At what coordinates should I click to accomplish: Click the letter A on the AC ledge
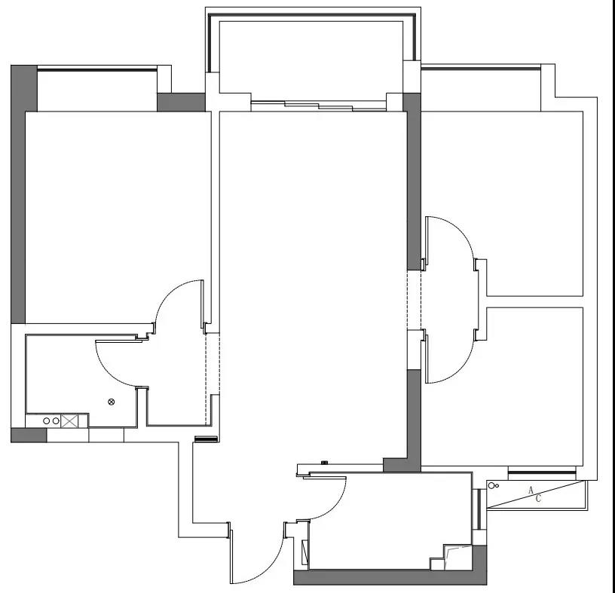click(531, 491)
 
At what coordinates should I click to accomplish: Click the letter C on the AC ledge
click(538, 499)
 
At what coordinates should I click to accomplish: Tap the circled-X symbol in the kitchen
click(112, 402)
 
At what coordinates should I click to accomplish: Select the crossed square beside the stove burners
click(69, 420)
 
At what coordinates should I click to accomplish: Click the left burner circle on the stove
click(46, 420)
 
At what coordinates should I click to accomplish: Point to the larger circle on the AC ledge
click(491, 486)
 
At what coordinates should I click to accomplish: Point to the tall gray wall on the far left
click(18, 194)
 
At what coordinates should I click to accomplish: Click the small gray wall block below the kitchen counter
click(29, 435)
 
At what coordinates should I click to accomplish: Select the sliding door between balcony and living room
click(319, 106)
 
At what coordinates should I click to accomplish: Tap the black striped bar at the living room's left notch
click(207, 439)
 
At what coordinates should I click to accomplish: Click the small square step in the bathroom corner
click(437, 564)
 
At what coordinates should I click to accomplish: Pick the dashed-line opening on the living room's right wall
click(414, 300)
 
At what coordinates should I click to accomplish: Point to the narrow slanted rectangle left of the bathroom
click(304, 552)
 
